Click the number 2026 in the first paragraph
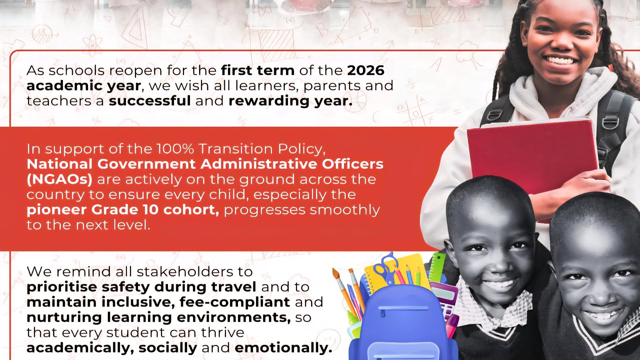click(x=366, y=70)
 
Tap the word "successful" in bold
click(x=150, y=101)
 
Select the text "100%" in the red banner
click(x=175, y=149)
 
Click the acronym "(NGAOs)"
click(x=59, y=179)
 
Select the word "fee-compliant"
click(x=235, y=302)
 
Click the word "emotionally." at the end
click(x=283, y=348)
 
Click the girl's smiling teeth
click(x=560, y=60)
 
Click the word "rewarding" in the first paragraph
click(x=269, y=101)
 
